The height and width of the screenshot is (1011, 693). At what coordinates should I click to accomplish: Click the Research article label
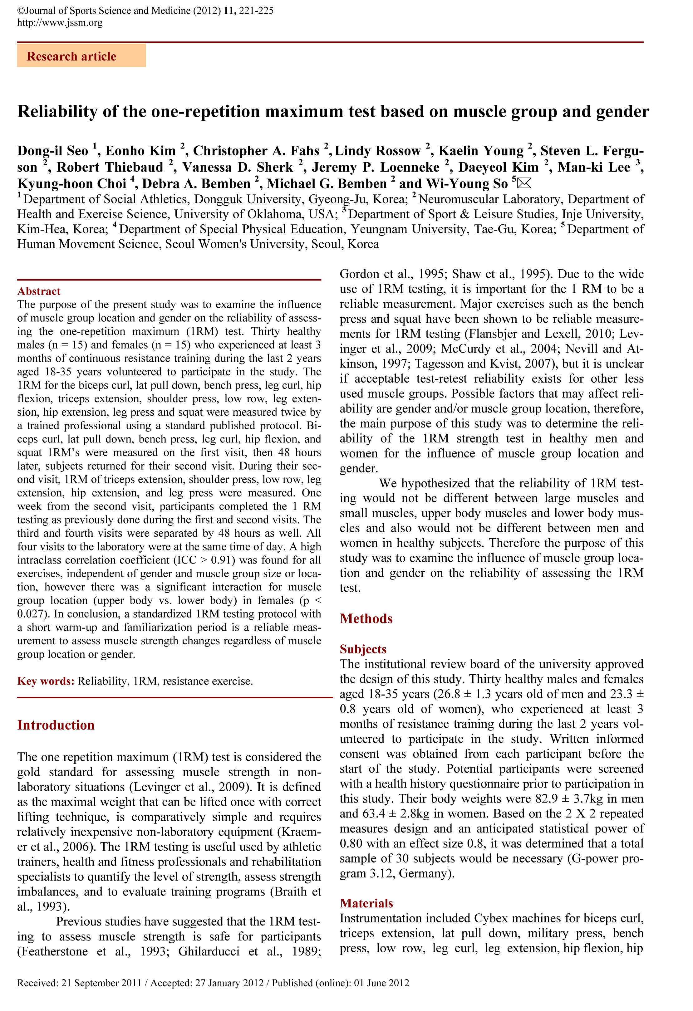[71, 56]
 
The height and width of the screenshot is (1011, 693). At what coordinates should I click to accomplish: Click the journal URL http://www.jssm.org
[60, 22]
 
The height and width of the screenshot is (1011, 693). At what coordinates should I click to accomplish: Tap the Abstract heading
[39, 291]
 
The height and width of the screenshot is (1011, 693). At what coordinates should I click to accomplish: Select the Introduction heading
[56, 725]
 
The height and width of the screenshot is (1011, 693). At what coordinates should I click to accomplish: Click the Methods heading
[366, 618]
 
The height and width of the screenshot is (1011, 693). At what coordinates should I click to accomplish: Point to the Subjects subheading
[363, 649]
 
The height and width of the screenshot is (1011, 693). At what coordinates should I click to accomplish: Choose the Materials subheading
[366, 903]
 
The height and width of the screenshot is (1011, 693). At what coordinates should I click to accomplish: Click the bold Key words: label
[46, 681]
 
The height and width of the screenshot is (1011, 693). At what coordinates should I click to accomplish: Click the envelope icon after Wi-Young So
[524, 183]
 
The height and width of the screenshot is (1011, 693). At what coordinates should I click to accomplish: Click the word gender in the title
[622, 112]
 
